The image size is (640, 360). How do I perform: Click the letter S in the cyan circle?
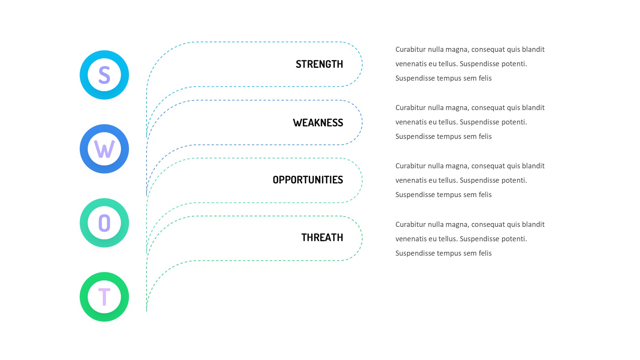coord(104,75)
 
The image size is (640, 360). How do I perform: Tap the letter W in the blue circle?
coord(104,149)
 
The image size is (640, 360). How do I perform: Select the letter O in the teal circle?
coord(104,223)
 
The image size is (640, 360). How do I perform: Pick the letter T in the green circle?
coord(104,297)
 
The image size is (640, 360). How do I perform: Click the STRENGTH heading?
coord(319,64)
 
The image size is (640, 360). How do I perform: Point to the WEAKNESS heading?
coord(318,123)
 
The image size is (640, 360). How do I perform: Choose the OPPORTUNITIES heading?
coord(308,180)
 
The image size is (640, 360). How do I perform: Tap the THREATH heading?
coord(322,238)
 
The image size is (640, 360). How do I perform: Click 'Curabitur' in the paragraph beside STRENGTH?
coord(411,49)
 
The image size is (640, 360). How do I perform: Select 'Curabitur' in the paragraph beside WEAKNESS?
coord(411,108)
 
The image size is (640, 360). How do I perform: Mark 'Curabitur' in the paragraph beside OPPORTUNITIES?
coord(411,166)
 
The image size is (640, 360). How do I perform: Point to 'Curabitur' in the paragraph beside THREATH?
coord(411,224)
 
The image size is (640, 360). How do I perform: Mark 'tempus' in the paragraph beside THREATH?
coord(451,253)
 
